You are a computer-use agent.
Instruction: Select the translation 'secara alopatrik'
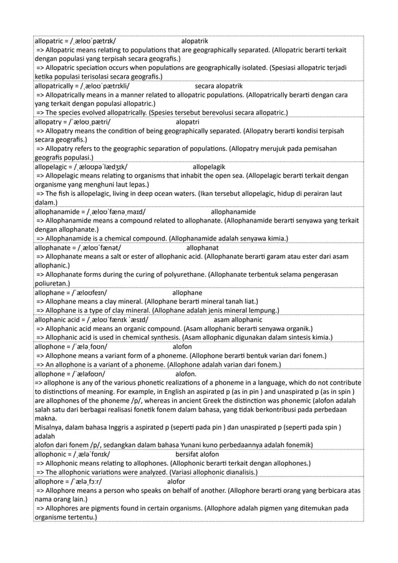click(221, 85)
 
